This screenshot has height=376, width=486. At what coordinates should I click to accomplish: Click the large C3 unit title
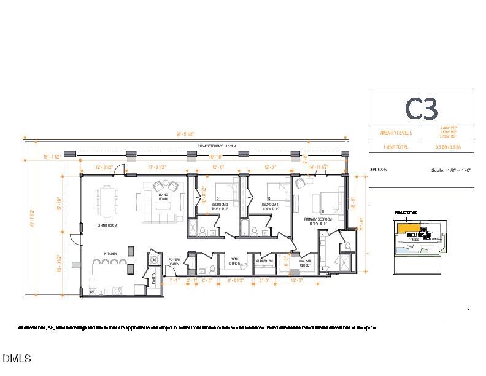point(422,108)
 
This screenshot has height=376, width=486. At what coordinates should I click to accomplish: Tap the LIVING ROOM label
point(163,197)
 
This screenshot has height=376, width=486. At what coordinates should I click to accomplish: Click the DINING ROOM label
point(107,225)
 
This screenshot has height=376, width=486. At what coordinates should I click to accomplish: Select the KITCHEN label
point(110,253)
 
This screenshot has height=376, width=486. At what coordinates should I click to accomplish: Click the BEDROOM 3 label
point(220,205)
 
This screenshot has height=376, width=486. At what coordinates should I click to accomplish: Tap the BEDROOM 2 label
point(270,205)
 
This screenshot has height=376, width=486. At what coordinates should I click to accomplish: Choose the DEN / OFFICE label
point(234,262)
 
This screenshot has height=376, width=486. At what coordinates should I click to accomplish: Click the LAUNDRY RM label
point(264,260)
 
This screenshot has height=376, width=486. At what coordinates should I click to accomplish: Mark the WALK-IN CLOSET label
point(305,263)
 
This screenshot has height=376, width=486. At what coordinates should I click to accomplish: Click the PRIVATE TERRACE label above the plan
point(217,146)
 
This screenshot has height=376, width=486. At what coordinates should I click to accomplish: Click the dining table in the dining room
point(107,201)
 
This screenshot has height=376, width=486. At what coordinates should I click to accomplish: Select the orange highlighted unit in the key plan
point(405,228)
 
